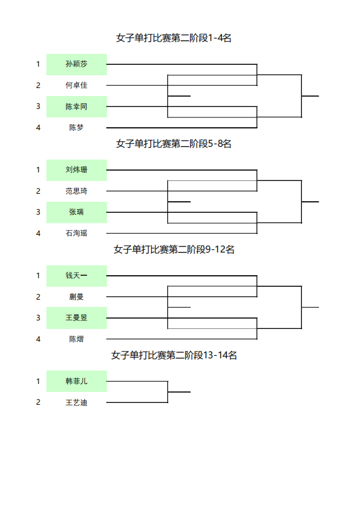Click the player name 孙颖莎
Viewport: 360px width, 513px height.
pos(76,64)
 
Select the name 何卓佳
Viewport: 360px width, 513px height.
pos(76,86)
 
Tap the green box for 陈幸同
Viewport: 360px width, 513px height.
pos(76,106)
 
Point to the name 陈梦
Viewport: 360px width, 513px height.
pos(76,128)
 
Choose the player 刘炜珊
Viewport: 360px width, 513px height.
pos(76,170)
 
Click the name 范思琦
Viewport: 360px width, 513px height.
pos(76,191)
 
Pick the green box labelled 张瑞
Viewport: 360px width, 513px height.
pos(76,212)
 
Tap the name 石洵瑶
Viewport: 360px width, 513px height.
pos(76,234)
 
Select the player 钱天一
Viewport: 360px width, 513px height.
pos(76,276)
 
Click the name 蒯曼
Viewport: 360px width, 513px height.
pos(76,297)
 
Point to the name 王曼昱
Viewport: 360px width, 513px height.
pos(76,318)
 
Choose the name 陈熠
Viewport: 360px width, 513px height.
pos(76,339)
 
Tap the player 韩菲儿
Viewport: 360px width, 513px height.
pos(76,381)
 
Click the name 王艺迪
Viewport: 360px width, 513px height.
pos(76,402)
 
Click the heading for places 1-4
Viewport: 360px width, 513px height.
pos(174,38)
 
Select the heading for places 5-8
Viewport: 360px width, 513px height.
pos(174,144)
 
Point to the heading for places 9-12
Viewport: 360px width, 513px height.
pos(174,249)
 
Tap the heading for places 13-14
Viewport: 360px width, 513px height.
pos(174,355)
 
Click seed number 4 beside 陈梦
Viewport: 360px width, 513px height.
pos(39,128)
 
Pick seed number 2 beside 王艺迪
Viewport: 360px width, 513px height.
pos(39,402)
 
